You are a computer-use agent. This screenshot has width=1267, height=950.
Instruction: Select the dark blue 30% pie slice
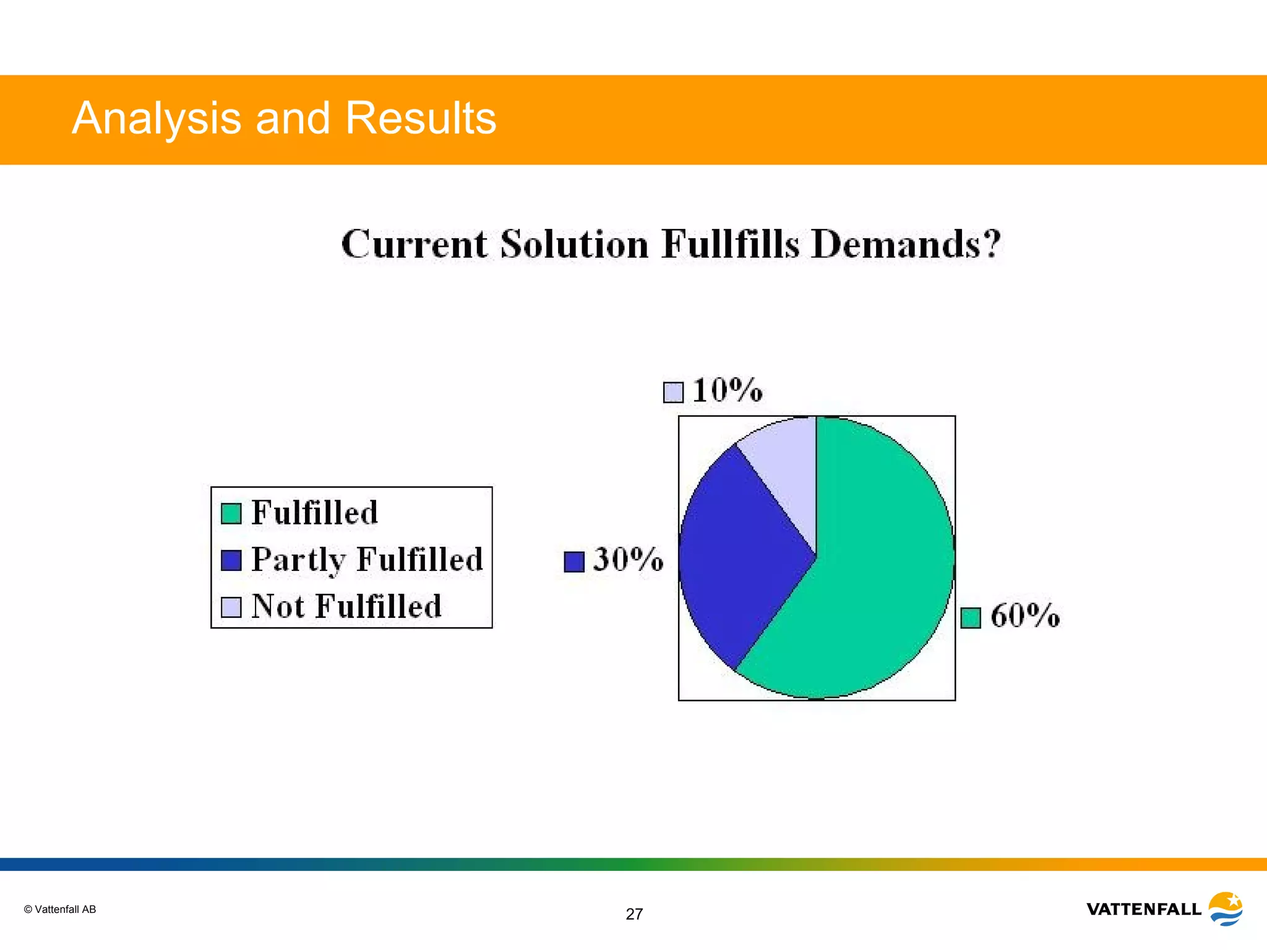pyautogui.click(x=736, y=557)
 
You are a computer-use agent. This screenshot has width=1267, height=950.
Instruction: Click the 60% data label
pyautogui.click(x=1025, y=616)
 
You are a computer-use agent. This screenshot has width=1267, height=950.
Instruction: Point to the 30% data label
pyautogui.click(x=628, y=560)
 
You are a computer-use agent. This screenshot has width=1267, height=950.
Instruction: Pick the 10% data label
pyautogui.click(x=727, y=390)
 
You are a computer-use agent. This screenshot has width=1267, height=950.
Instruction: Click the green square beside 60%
pyautogui.click(x=971, y=617)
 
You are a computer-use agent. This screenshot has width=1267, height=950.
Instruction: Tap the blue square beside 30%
pyautogui.click(x=574, y=562)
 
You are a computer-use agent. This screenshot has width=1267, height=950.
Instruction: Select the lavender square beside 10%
pyautogui.click(x=673, y=392)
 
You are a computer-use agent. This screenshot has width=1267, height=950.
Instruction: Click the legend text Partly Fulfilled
pyautogui.click(x=367, y=560)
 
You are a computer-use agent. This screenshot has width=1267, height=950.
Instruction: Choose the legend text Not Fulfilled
pyautogui.click(x=346, y=606)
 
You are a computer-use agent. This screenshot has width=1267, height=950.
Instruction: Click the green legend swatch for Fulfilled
pyautogui.click(x=231, y=513)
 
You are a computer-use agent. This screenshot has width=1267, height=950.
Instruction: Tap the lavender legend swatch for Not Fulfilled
pyautogui.click(x=231, y=607)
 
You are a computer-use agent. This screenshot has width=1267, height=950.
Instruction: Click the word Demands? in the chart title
pyautogui.click(x=906, y=244)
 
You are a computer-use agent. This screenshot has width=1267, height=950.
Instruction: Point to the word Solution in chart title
pyautogui.click(x=574, y=244)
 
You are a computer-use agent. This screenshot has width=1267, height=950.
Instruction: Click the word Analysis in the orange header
pyautogui.click(x=157, y=118)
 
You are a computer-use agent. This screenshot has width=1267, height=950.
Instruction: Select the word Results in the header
pyautogui.click(x=421, y=118)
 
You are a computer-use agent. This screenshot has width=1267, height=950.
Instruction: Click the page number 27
pyautogui.click(x=634, y=914)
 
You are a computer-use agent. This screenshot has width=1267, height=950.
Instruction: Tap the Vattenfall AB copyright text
pyautogui.click(x=60, y=909)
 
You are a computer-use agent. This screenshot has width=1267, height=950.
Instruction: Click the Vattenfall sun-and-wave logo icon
pyautogui.click(x=1226, y=909)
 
